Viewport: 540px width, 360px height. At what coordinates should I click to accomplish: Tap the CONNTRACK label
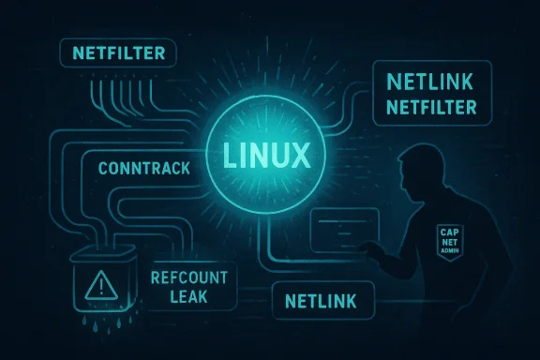(142, 169)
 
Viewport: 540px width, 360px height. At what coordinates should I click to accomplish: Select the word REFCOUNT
(194, 277)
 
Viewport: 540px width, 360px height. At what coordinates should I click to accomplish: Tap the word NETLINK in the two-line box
(432, 83)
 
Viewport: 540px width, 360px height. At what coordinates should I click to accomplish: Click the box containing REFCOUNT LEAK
(193, 287)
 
